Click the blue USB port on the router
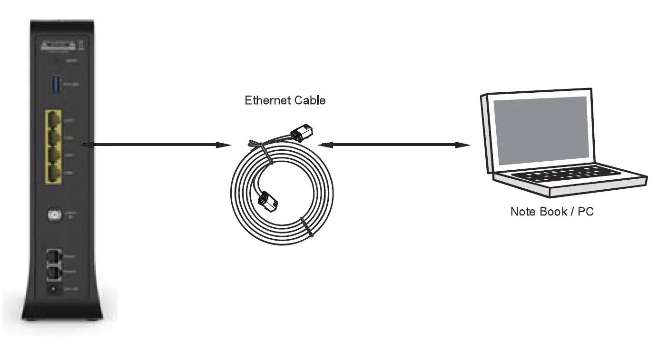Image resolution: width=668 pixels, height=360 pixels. coord(55,85)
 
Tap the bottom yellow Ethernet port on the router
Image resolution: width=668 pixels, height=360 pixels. coord(53,174)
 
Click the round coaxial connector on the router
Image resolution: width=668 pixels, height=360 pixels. coord(55,215)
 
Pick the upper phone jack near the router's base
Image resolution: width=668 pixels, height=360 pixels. coord(54,256)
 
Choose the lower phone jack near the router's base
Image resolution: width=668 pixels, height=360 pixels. coord(54,272)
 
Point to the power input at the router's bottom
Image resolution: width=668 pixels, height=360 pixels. coord(54,289)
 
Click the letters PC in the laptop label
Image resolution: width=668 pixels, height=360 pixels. coord(586,211)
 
